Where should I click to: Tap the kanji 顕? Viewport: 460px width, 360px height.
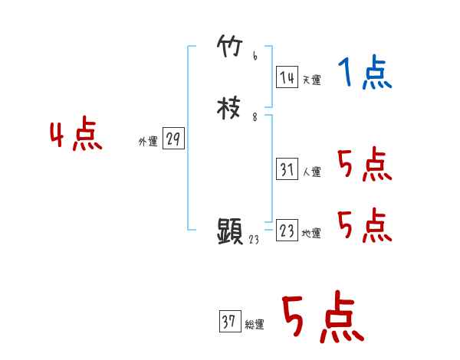230,231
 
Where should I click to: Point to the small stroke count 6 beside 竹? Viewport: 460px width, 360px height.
255,57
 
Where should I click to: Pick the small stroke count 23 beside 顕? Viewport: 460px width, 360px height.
255,240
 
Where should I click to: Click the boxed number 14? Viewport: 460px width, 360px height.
287,77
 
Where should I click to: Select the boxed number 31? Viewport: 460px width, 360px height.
287,170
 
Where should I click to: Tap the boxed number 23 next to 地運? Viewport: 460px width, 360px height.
287,231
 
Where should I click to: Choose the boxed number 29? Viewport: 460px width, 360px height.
173,139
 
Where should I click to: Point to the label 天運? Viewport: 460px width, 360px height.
311,79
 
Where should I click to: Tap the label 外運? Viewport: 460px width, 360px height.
147,142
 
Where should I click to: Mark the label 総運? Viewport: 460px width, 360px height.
255,325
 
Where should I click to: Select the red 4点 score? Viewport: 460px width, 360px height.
76,136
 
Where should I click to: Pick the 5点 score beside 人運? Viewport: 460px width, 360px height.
364,164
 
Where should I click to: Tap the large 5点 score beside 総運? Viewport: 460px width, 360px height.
322,318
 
